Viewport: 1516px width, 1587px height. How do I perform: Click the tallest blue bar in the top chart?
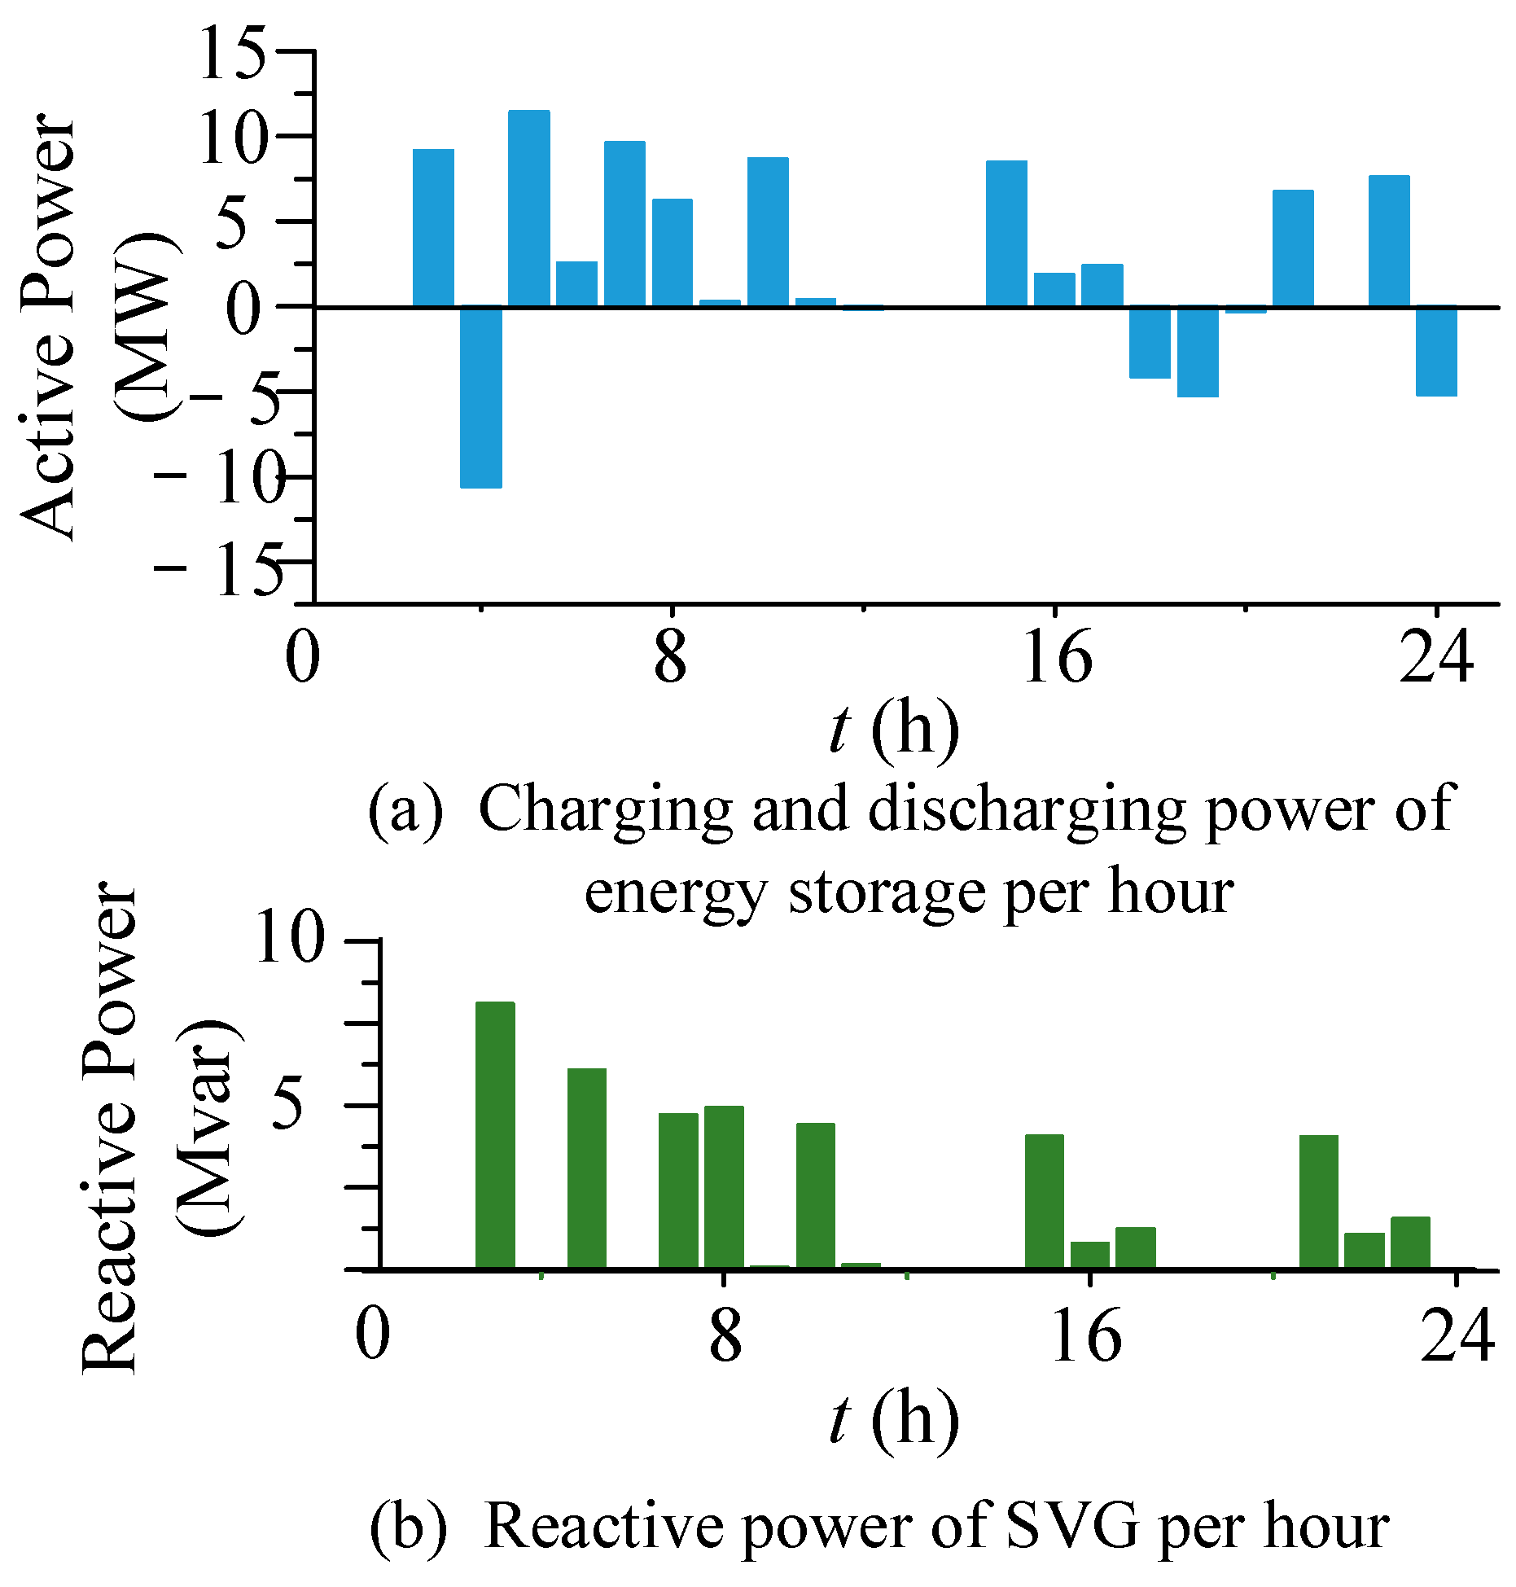coord(528,208)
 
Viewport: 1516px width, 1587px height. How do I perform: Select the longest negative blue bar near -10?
coord(480,397)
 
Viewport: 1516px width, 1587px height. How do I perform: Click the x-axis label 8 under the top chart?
coord(670,658)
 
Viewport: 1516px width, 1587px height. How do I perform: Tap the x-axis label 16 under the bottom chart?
coord(1085,1338)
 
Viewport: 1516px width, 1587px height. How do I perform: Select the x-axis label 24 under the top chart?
coord(1436,658)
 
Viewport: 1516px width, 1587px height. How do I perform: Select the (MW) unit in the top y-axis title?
coord(147,326)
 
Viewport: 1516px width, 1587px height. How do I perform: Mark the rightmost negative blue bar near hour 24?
coord(1436,352)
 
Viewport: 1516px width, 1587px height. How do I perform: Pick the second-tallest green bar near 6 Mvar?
coord(586,1168)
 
